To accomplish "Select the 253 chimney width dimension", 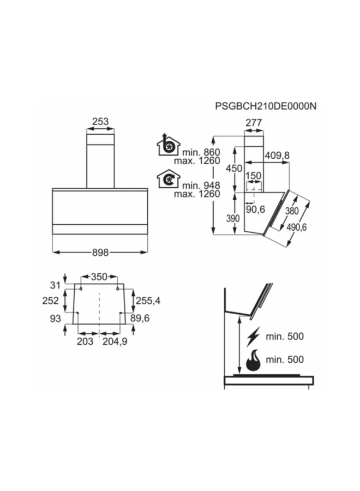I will coord(100,122).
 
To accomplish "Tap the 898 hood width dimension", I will coord(100,252).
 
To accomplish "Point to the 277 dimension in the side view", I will coord(254,123).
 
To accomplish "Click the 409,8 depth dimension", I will coord(277,155).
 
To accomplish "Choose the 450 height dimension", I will coord(234,169).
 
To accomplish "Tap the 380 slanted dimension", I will coord(292,211).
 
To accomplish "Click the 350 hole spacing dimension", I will coord(99,277).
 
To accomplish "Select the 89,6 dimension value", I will coord(148,318).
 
